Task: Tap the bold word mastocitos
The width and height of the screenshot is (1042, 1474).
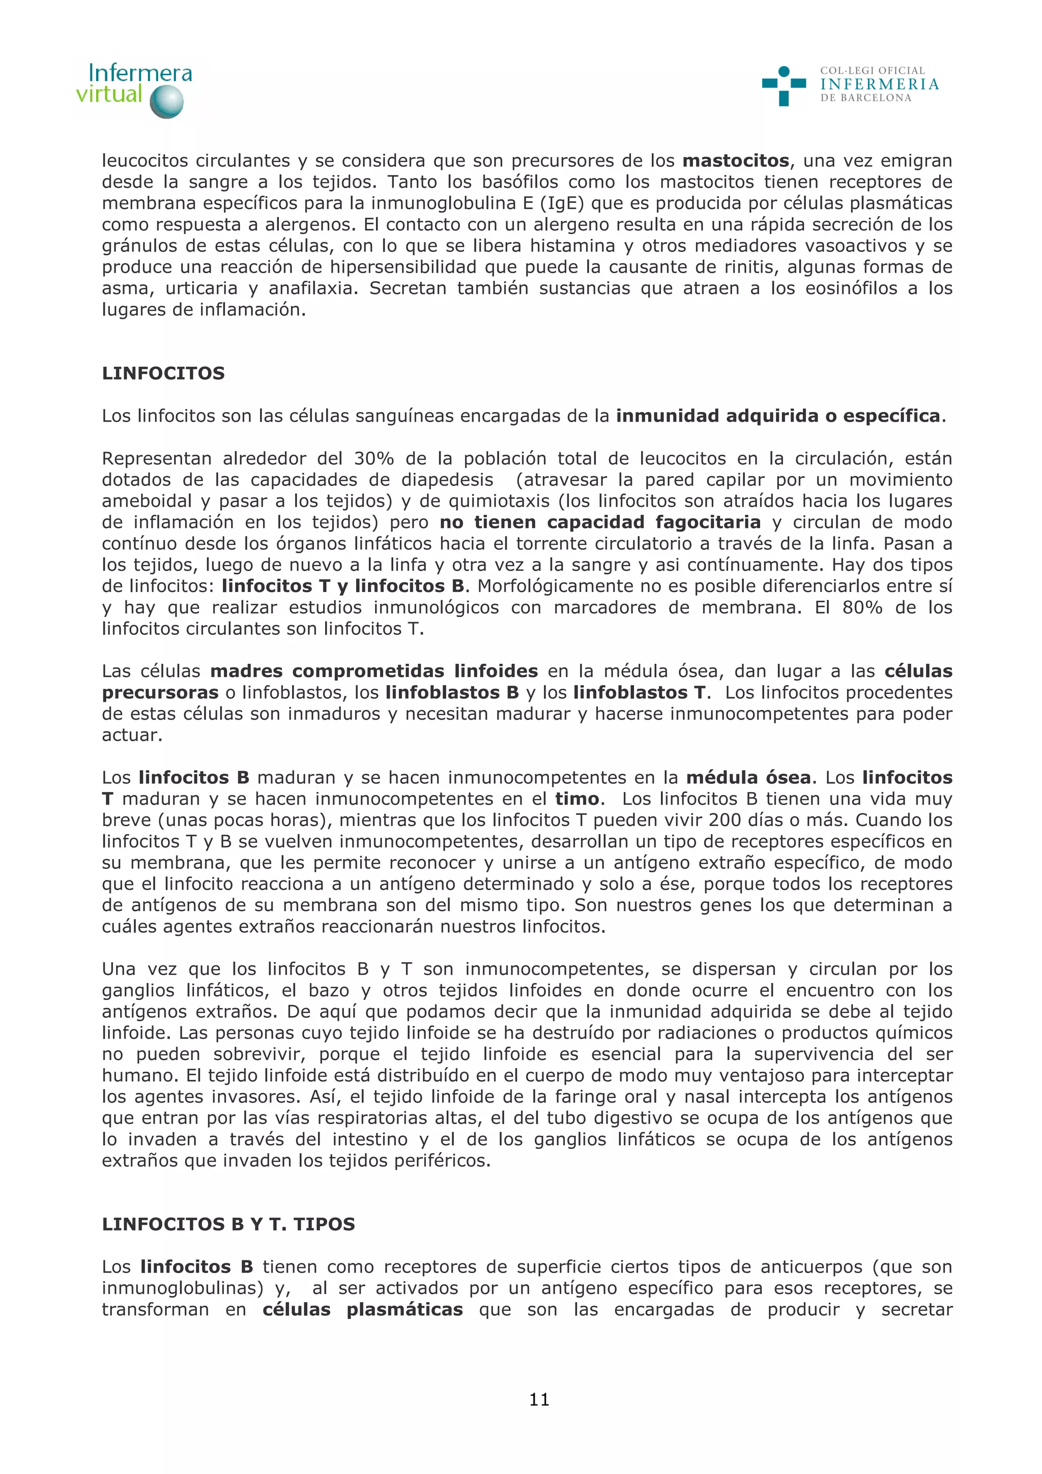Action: point(735,161)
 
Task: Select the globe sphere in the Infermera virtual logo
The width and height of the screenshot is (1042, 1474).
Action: point(166,102)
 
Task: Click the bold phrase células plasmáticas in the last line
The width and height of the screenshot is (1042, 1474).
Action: point(363,1310)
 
